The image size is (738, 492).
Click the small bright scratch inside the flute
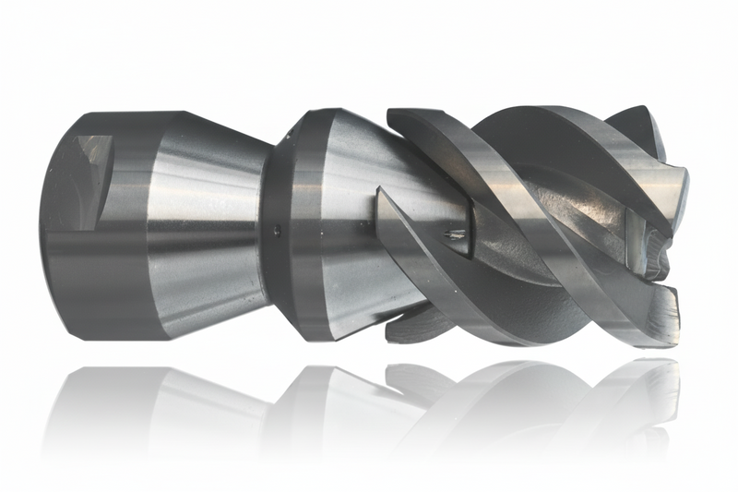coord(454,234)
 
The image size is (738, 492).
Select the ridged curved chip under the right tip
coord(657,249)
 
